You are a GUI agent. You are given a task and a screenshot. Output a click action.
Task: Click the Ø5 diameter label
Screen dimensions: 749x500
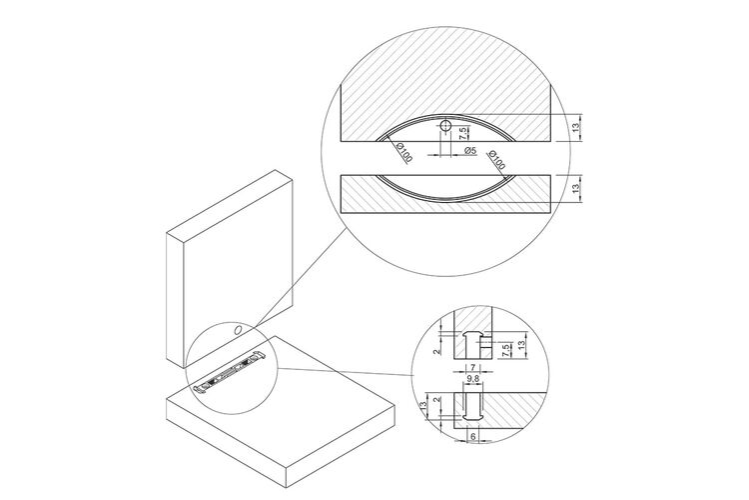click(x=470, y=150)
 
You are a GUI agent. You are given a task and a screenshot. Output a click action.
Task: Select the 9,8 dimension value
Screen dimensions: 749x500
click(x=473, y=379)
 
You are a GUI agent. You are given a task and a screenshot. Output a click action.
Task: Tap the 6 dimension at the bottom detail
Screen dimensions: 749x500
click(x=473, y=436)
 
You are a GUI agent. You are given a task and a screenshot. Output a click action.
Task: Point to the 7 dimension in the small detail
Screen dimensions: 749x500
click(x=472, y=367)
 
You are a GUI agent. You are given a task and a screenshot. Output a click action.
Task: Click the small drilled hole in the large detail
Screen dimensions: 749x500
click(x=445, y=126)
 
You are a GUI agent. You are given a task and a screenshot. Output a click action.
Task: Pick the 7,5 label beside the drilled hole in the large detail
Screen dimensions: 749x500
click(x=462, y=133)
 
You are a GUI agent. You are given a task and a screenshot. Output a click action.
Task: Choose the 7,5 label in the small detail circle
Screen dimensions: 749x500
click(x=505, y=351)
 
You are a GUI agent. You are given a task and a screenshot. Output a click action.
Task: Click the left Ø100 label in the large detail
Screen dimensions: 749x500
click(x=403, y=153)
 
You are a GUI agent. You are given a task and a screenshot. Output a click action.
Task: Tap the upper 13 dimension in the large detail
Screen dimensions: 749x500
click(x=576, y=127)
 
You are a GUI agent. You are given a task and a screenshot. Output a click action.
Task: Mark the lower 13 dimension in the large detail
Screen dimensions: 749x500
click(x=576, y=188)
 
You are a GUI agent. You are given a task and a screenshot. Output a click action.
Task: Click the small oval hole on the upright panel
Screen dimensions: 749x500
click(x=237, y=330)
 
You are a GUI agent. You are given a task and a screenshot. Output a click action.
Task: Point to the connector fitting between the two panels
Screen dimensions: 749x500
click(x=230, y=372)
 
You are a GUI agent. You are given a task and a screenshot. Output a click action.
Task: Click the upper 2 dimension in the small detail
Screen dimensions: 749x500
click(x=435, y=352)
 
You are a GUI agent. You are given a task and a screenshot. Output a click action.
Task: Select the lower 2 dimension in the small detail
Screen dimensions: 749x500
click(x=435, y=400)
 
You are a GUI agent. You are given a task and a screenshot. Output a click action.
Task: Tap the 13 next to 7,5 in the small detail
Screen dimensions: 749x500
click(x=521, y=343)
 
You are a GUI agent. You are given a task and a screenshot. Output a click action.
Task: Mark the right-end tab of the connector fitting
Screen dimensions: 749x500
click(x=261, y=355)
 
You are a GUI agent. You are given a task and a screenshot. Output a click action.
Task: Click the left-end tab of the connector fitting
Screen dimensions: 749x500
click(x=200, y=389)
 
